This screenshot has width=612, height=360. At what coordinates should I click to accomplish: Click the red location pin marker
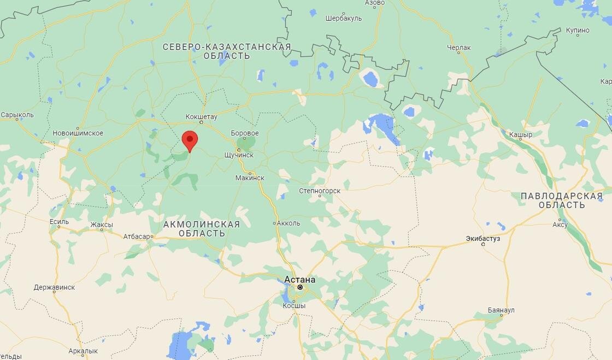[190, 140]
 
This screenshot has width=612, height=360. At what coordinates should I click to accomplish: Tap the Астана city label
[299, 280]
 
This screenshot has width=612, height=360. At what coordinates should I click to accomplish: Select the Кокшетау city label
[201, 117]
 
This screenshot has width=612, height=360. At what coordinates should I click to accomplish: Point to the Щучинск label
[239, 155]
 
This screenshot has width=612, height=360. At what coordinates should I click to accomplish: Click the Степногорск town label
[320, 191]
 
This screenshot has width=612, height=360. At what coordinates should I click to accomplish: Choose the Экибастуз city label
[483, 238]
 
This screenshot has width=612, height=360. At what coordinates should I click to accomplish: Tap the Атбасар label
[137, 237]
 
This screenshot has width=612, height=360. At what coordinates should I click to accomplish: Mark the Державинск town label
[54, 287]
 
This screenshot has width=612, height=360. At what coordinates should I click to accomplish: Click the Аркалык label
[83, 351]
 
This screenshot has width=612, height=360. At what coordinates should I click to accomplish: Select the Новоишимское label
[78, 133]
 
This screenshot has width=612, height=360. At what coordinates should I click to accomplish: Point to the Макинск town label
[250, 178]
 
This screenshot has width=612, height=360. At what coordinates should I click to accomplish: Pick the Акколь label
[289, 223]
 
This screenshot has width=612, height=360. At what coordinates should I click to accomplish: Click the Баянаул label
[501, 310]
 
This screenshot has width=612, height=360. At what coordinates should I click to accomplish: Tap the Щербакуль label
[343, 18]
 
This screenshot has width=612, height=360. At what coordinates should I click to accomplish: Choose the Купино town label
[578, 30]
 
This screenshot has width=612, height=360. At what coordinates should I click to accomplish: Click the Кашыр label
[520, 134]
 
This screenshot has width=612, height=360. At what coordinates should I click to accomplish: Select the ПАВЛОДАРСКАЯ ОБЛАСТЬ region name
[561, 200]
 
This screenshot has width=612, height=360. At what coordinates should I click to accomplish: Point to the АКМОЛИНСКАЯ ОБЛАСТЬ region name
[202, 229]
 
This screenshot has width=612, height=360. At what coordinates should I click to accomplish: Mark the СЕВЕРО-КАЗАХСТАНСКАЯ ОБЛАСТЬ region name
[227, 51]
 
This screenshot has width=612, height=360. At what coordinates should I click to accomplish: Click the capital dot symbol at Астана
[299, 287]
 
